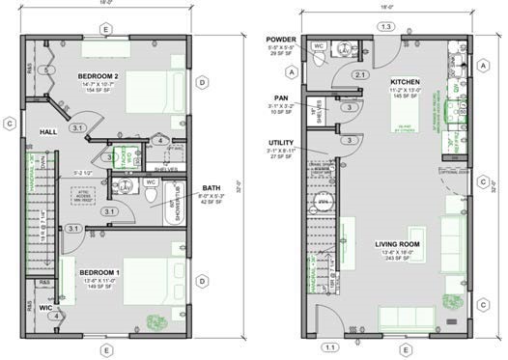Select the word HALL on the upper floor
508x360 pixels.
pyautogui.click(x=50, y=131)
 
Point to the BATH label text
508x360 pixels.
pyautogui.click(x=212, y=188)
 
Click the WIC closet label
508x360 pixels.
pyautogui.click(x=45, y=308)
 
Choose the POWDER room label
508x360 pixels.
pyautogui.click(x=282, y=40)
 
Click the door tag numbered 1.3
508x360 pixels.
pyautogui.click(x=385, y=27)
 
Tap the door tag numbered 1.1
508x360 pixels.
pyautogui.click(x=330, y=346)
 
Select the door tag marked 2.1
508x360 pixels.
pyautogui.click(x=359, y=74)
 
